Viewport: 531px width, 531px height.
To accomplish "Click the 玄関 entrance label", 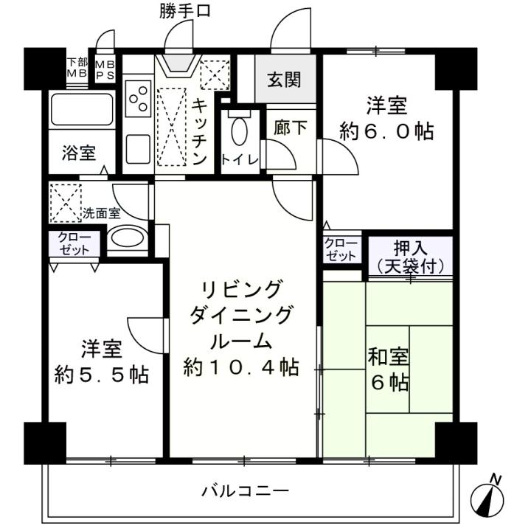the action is (284, 80).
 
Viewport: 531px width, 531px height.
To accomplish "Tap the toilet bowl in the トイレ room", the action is (240, 131).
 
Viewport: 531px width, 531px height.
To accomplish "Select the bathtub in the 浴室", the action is (82, 109).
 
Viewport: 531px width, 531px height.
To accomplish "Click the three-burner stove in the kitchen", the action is (138, 99).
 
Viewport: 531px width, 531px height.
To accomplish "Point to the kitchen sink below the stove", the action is (138, 149).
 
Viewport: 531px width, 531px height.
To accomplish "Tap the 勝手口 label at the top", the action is (185, 10).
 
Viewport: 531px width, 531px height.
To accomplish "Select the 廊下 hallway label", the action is (291, 128).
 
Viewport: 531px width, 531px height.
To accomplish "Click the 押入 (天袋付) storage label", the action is (410, 257).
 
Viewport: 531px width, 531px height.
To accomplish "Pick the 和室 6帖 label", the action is (389, 369).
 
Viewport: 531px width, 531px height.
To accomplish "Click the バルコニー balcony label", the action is (246, 490).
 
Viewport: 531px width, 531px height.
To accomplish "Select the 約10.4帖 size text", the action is (241, 367).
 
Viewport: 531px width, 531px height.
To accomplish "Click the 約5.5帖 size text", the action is (102, 374).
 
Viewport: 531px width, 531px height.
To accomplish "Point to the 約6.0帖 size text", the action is (386, 131).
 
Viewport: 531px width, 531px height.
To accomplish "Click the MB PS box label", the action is (105, 70).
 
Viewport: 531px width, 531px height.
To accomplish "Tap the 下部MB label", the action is (77, 68).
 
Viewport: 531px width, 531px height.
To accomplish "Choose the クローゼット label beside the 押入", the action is (341, 249).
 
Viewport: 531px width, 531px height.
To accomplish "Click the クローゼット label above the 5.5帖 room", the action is (74, 243).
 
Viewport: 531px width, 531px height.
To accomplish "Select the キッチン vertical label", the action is (199, 132).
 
